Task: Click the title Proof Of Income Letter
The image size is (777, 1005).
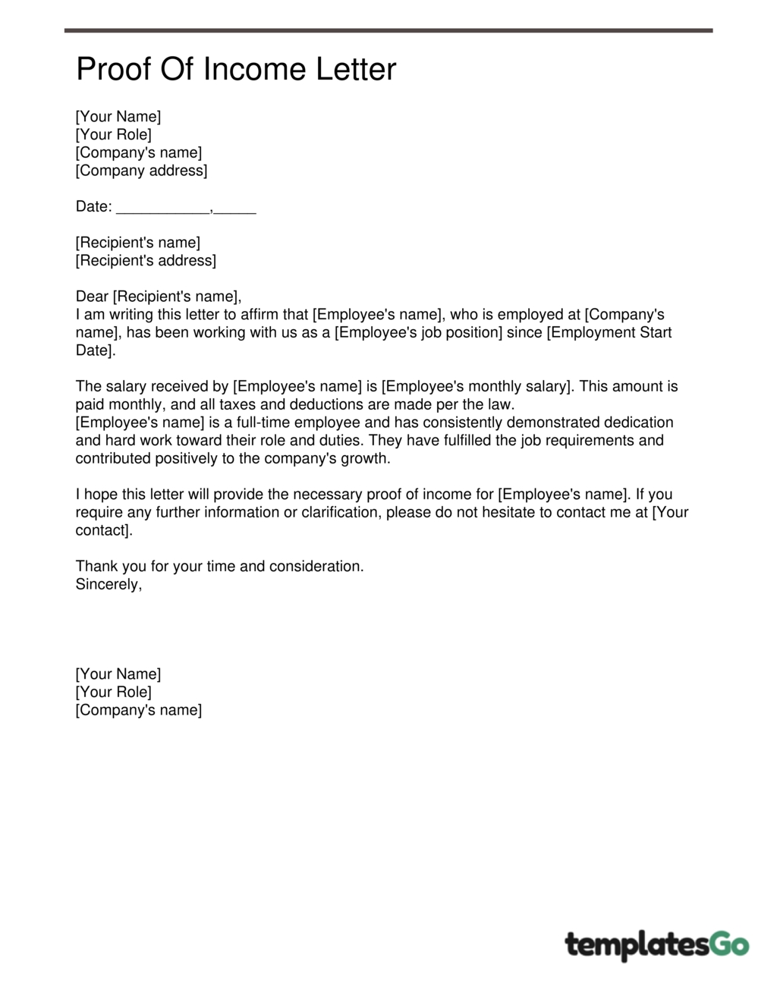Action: click(x=236, y=70)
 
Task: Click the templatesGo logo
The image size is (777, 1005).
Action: click(x=656, y=945)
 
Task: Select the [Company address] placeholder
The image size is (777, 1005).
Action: click(x=141, y=171)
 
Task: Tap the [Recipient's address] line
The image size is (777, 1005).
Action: click(x=146, y=261)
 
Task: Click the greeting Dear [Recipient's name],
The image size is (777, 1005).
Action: click(x=158, y=297)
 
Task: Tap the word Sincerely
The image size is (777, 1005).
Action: click(x=108, y=584)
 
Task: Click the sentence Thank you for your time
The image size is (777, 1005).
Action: click(x=219, y=566)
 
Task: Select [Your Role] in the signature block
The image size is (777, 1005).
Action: click(x=113, y=692)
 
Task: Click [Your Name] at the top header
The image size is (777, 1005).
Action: click(x=118, y=117)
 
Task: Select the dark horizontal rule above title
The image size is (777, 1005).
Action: click(x=388, y=30)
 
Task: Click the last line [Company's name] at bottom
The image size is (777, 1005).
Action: click(x=138, y=710)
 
